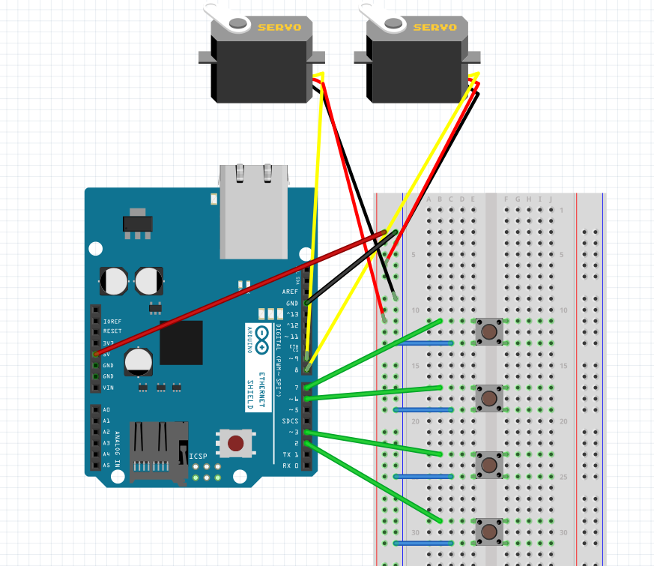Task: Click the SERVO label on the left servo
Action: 279,28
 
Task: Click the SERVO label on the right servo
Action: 435,28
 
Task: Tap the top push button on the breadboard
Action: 489,331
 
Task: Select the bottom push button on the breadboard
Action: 489,531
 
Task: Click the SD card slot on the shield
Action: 159,451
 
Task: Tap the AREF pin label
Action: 290,292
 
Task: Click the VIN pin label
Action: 109,388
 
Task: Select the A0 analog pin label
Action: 106,410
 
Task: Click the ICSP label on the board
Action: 198,456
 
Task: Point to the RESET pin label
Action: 112,331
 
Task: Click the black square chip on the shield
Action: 181,343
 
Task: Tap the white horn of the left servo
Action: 225,17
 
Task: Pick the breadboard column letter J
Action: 551,199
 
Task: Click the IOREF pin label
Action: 112,320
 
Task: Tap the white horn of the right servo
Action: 381,17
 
